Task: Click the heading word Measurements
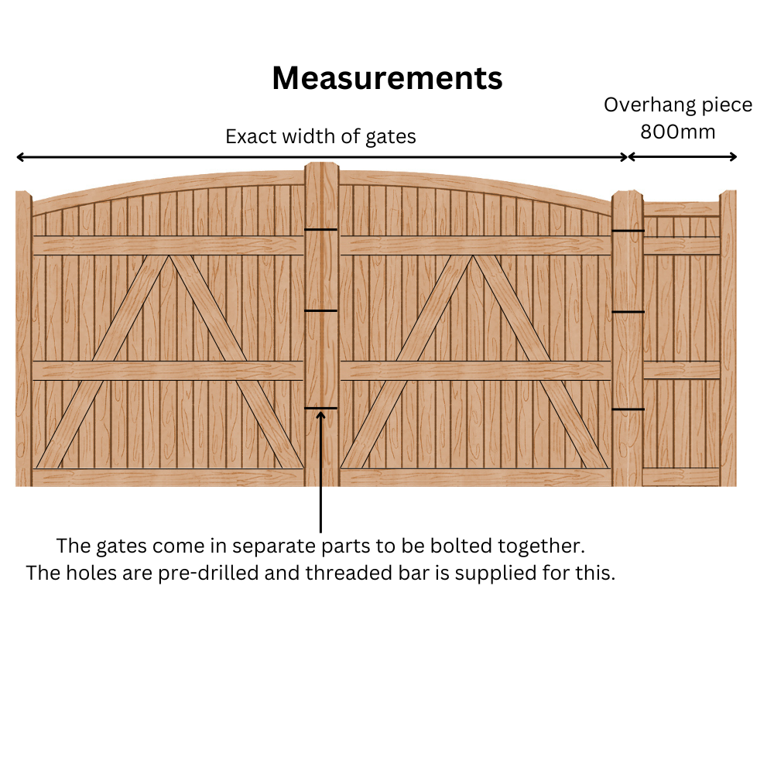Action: click(387, 78)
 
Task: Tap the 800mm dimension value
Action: click(678, 132)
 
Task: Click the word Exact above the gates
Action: click(250, 136)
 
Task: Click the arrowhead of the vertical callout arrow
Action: click(321, 416)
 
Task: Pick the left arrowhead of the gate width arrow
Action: click(20, 157)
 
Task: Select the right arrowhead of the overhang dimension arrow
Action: click(733, 157)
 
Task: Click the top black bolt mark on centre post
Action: click(321, 230)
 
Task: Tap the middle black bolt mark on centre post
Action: click(321, 310)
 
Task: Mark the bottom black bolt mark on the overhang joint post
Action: click(628, 409)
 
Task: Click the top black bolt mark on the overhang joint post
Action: click(628, 231)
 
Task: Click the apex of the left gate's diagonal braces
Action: click(170, 255)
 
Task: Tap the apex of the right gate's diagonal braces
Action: click(473, 255)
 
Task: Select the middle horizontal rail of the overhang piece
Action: click(682, 370)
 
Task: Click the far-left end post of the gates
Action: click(24, 339)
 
